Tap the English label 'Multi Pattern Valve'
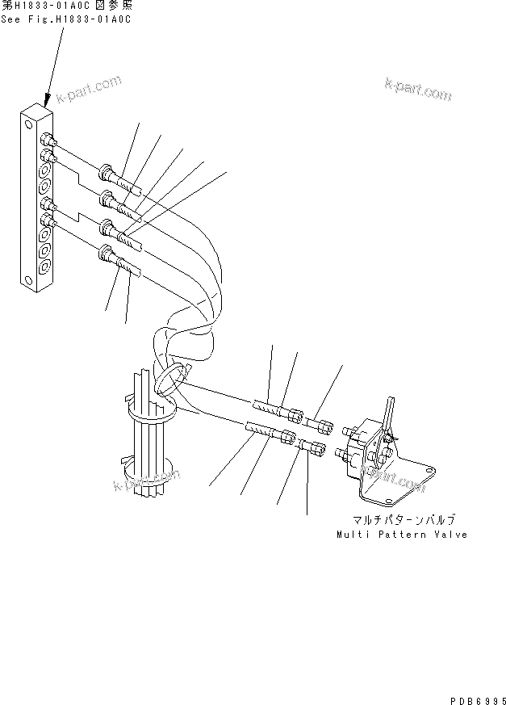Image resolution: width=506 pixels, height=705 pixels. [x=402, y=535]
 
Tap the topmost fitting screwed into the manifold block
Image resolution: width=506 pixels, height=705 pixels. [x=48, y=139]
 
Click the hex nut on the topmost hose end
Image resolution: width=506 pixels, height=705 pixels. [x=107, y=172]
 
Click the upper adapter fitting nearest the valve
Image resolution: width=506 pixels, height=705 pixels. [x=321, y=423]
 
